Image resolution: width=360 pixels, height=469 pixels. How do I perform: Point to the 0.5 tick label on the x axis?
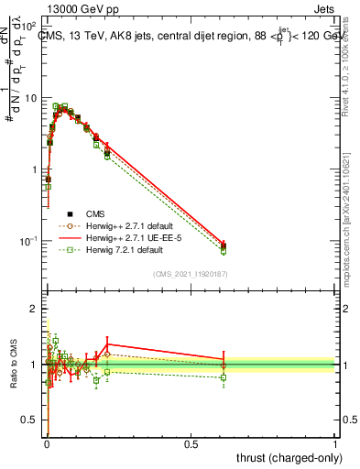tap(191, 443)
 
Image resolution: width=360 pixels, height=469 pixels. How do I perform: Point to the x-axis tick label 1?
tap(335, 443)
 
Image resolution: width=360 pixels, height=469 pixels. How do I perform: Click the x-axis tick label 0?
tap(46, 443)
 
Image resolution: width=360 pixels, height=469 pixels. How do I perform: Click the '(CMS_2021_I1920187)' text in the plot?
tap(191, 274)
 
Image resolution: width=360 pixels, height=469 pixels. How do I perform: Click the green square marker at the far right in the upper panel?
tap(224, 251)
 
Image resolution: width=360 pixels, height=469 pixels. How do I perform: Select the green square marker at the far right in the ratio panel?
tap(224, 377)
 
